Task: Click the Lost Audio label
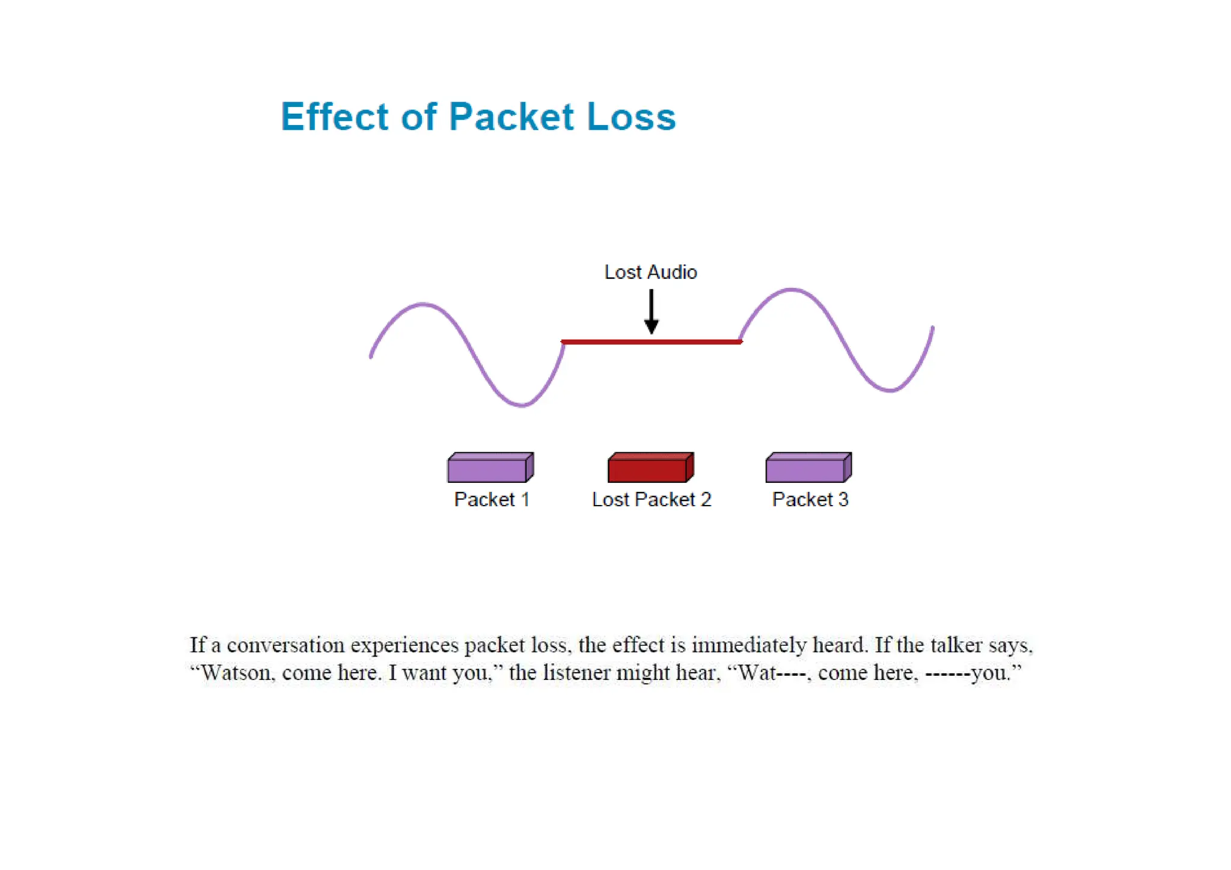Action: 650,272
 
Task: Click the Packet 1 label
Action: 492,500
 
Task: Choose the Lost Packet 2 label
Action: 651,500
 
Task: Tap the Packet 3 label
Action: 810,500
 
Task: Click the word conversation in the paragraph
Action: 286,645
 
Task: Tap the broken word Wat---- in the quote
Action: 771,673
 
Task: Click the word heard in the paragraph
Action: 840,645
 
